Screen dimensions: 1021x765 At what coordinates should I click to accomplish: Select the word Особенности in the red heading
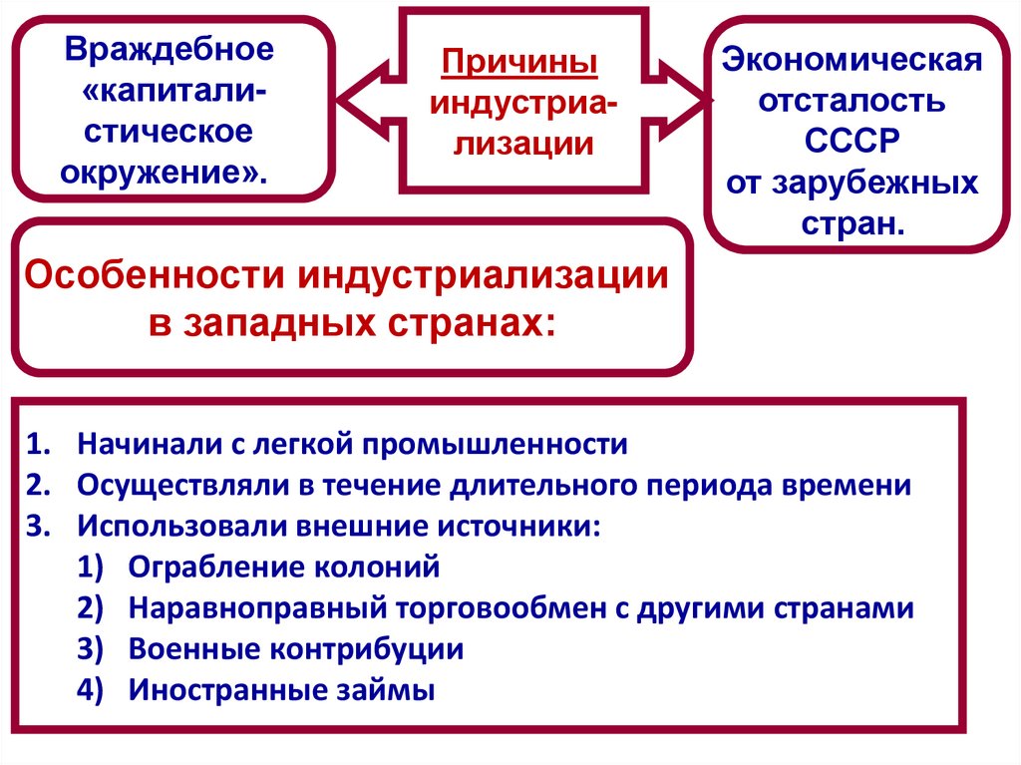coord(151,275)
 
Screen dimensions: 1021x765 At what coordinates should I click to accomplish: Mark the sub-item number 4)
coord(91,690)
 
